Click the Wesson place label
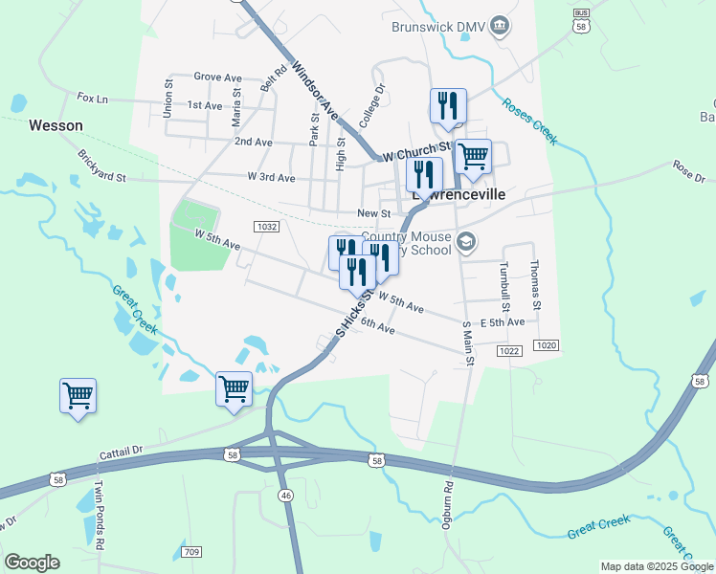point(56,125)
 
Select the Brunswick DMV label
point(439,27)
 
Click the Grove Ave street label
point(217,77)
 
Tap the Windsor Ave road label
point(315,90)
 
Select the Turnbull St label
point(506,284)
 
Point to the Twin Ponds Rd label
point(96,516)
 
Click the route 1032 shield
point(267,227)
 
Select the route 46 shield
point(284,495)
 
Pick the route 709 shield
point(190,552)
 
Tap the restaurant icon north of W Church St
point(448,106)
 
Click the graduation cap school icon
point(465,241)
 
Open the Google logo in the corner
point(32,563)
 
